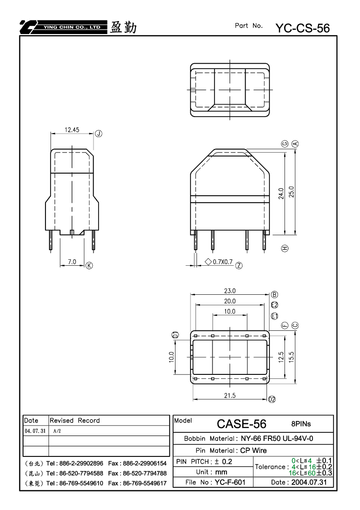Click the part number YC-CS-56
click(302, 29)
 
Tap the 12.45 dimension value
click(72, 130)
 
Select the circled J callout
click(98, 134)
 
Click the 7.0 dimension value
click(72, 262)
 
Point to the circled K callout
click(89, 265)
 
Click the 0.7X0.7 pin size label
click(222, 262)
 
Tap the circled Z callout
click(239, 265)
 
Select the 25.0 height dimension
click(291, 192)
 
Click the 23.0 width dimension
click(229, 291)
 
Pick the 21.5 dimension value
click(229, 395)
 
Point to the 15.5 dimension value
click(291, 357)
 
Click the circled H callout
click(284, 249)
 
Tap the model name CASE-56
click(241, 424)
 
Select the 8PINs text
click(301, 424)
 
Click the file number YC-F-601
click(230, 482)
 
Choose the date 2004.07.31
click(309, 482)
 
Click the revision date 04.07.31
click(35, 431)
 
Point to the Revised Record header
click(74, 420)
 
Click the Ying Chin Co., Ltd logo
click(63, 28)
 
